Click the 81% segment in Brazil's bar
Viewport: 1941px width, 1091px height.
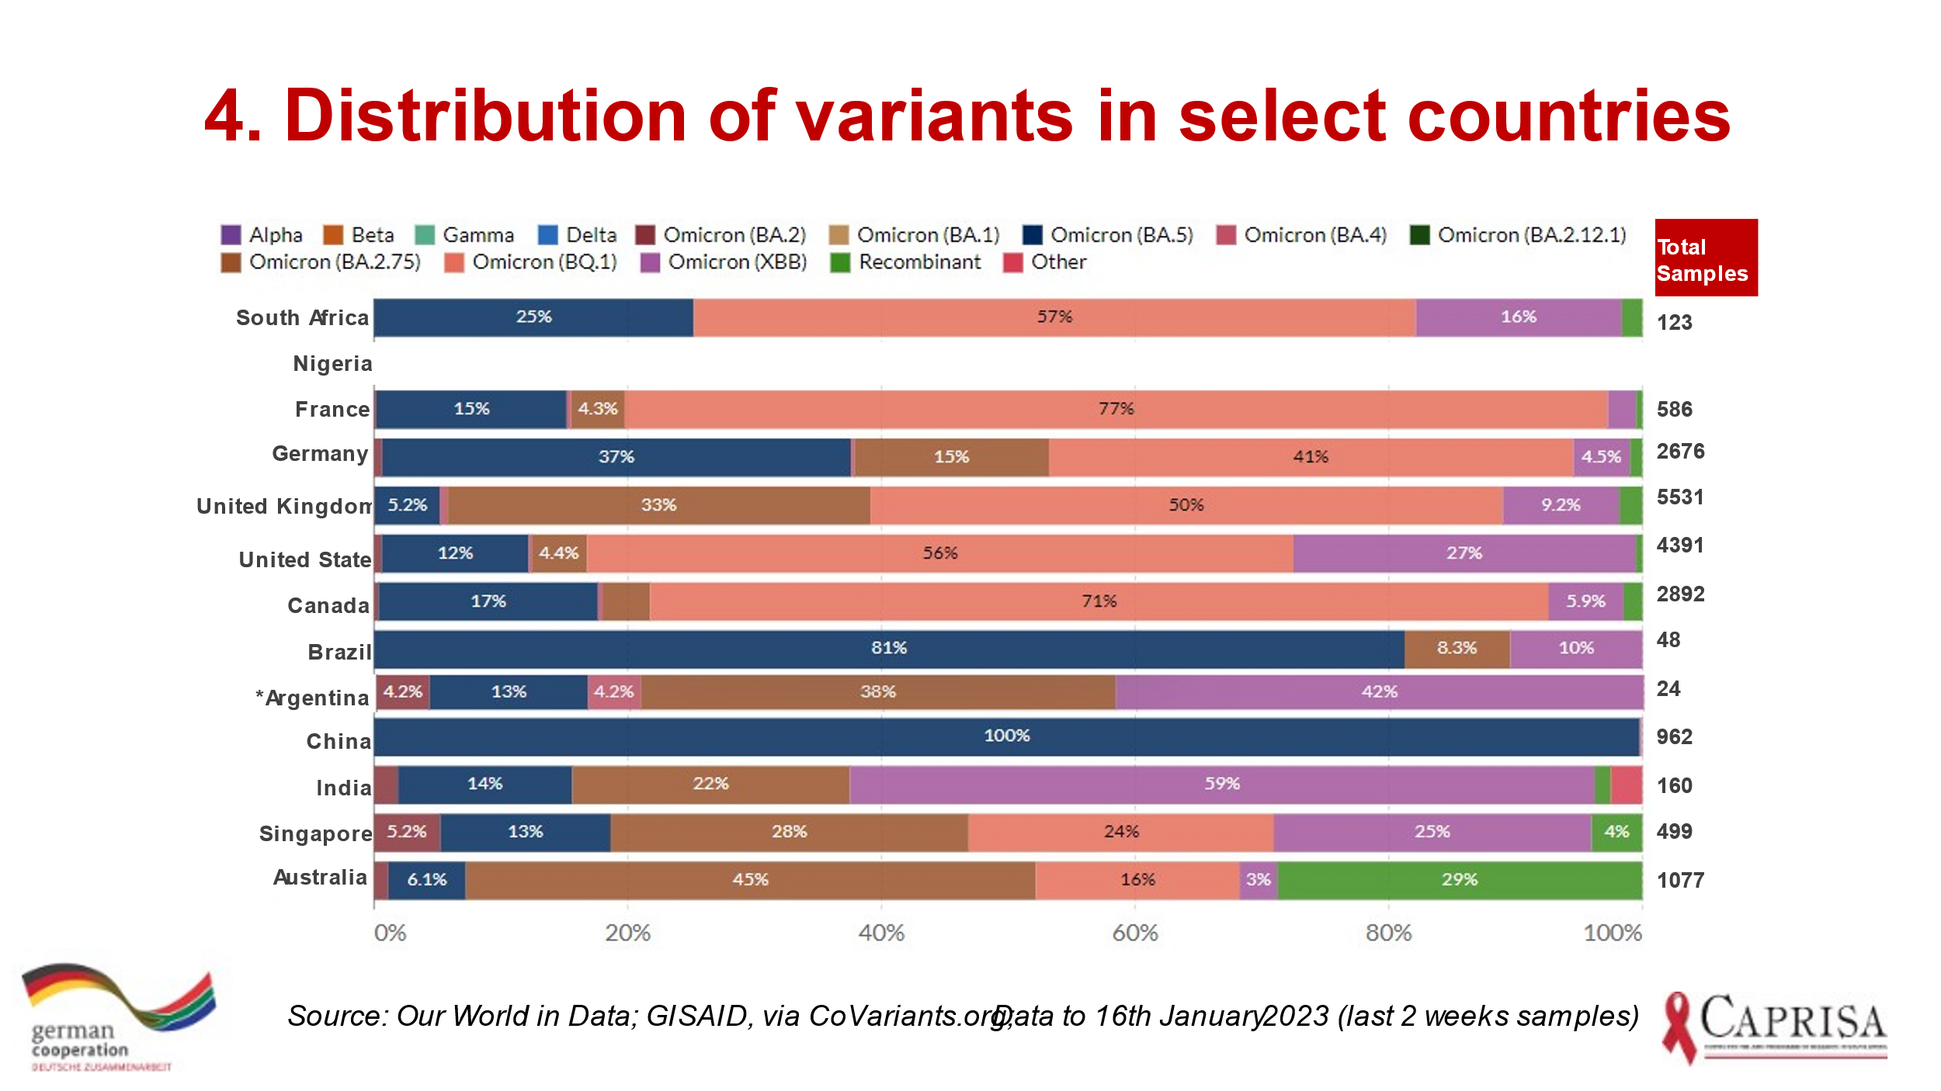click(x=889, y=649)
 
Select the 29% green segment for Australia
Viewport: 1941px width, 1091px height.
click(x=1460, y=880)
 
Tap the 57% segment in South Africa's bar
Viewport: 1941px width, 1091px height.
click(x=1054, y=317)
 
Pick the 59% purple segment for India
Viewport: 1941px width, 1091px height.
click(x=1222, y=784)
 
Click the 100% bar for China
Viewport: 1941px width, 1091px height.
click(x=1006, y=736)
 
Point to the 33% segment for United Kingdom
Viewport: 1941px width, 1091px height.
click(x=658, y=506)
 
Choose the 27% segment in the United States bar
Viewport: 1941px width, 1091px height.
click(x=1464, y=554)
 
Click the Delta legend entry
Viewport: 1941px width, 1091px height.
click(x=578, y=235)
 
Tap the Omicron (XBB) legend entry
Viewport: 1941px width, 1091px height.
click(x=724, y=262)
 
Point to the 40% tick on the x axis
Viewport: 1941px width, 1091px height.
click(x=881, y=933)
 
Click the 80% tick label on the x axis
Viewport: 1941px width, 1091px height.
click(x=1388, y=933)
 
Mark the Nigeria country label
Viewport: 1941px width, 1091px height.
click(x=332, y=364)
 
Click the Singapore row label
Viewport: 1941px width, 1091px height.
click(x=315, y=834)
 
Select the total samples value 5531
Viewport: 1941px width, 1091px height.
click(x=1680, y=497)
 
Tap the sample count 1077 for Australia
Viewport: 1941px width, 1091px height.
click(x=1680, y=881)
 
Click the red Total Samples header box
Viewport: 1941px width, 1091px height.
click(x=1706, y=258)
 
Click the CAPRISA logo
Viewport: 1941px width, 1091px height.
click(x=1775, y=1026)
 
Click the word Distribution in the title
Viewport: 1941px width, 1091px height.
click(x=485, y=116)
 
